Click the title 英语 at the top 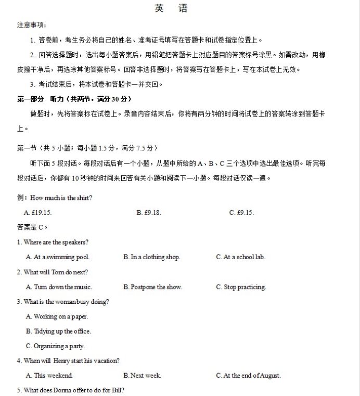point(171,9)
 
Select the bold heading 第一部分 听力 point(74,99)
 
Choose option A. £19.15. point(38,212)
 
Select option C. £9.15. point(241,212)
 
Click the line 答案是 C point(32,227)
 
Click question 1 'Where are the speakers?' point(53,242)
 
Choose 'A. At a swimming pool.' point(58,257)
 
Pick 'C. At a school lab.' point(240,257)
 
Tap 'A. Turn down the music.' point(59,287)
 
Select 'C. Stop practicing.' point(241,287)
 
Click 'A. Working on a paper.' point(57,316)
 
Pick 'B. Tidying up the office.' point(58,331)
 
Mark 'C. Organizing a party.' point(55,346)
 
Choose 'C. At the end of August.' point(248,375)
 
